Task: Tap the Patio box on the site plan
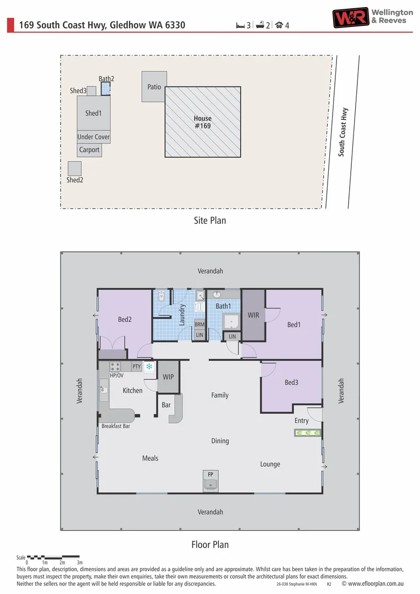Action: pyautogui.click(x=154, y=86)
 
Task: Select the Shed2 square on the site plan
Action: pyautogui.click(x=74, y=168)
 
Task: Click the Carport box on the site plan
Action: pyautogui.click(x=89, y=150)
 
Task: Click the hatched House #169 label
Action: pyautogui.click(x=202, y=122)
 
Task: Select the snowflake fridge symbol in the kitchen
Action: pyautogui.click(x=149, y=366)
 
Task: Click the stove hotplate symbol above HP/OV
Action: pyautogui.click(x=115, y=366)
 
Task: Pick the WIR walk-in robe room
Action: pyautogui.click(x=253, y=315)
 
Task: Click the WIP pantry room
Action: pyautogui.click(x=168, y=377)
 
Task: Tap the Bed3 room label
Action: pyautogui.click(x=291, y=382)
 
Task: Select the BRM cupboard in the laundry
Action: pyautogui.click(x=200, y=324)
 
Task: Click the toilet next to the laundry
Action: pyautogui.click(x=162, y=296)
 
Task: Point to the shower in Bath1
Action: pyautogui.click(x=231, y=321)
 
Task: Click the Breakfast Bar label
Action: pyautogui.click(x=115, y=426)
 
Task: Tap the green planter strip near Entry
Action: pyautogui.click(x=307, y=433)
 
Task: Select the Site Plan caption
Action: pyautogui.click(x=210, y=221)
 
